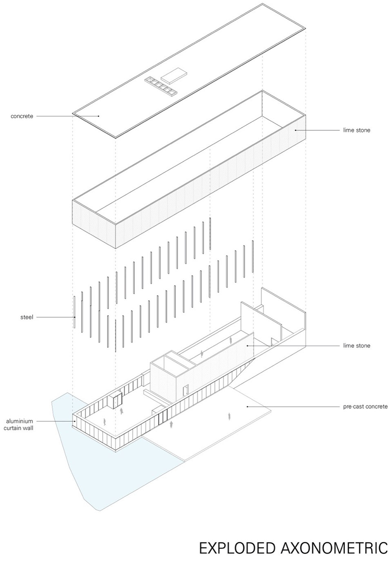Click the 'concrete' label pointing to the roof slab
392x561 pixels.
(x=22, y=116)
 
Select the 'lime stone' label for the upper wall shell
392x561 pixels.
(x=356, y=130)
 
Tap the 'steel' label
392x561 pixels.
(x=27, y=317)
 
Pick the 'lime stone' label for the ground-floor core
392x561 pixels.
(x=356, y=346)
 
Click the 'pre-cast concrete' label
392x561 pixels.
(x=365, y=406)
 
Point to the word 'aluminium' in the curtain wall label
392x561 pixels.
(x=19, y=421)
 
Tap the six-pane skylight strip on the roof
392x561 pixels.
(x=161, y=86)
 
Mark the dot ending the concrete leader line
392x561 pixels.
(x=98, y=116)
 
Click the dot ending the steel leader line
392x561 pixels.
(x=75, y=317)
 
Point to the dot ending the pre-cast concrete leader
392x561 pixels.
(x=247, y=406)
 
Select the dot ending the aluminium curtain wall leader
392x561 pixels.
(x=74, y=421)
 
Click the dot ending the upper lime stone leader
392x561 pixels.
(x=296, y=130)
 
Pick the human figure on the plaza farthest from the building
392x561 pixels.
(x=229, y=417)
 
